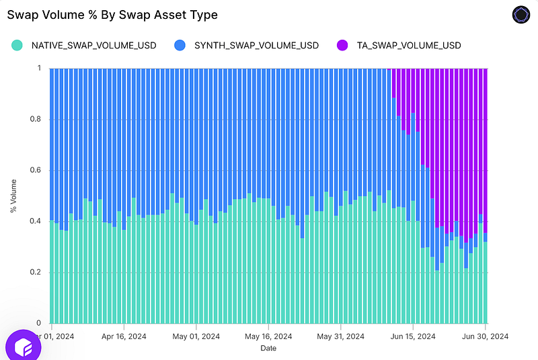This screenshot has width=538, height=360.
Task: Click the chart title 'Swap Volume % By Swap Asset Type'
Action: pyautogui.click(x=112, y=15)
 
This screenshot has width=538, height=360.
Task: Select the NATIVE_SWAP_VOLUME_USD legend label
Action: pyautogui.click(x=93, y=46)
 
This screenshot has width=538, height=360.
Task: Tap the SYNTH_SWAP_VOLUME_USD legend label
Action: pyautogui.click(x=256, y=46)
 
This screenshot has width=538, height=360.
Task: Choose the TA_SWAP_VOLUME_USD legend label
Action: pyautogui.click(x=409, y=46)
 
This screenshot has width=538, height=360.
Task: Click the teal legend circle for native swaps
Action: pyautogui.click(x=17, y=45)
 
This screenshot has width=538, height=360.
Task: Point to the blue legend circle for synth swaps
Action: pyautogui.click(x=180, y=45)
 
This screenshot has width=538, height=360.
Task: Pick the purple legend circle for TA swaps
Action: pyautogui.click(x=342, y=45)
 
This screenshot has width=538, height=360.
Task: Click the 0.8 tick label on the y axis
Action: pyautogui.click(x=36, y=119)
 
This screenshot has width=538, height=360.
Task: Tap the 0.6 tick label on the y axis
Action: pyautogui.click(x=36, y=170)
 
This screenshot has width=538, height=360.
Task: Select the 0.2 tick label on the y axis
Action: pyautogui.click(x=36, y=272)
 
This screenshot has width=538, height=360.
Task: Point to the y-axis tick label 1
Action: pyautogui.click(x=39, y=68)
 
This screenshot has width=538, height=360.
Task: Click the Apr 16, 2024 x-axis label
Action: pyautogui.click(x=124, y=336)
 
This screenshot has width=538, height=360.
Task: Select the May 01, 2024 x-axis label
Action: pyautogui.click(x=196, y=336)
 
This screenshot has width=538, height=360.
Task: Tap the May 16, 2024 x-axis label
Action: pyautogui.click(x=268, y=336)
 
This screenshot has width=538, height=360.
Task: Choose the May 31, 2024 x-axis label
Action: pyautogui.click(x=341, y=336)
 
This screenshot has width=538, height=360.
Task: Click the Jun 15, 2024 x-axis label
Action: pyautogui.click(x=413, y=336)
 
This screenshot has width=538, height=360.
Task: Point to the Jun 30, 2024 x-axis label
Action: pyautogui.click(x=485, y=336)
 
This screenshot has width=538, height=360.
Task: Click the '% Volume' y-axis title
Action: pyautogui.click(x=13, y=196)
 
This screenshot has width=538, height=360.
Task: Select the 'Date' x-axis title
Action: pyautogui.click(x=268, y=348)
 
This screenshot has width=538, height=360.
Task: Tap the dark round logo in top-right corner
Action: pyautogui.click(x=521, y=15)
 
